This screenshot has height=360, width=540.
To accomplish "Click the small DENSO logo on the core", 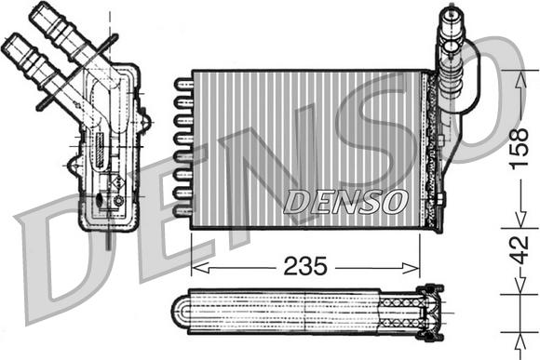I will pos(344,199).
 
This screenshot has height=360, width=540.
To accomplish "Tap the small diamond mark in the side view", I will pos(117,186).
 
